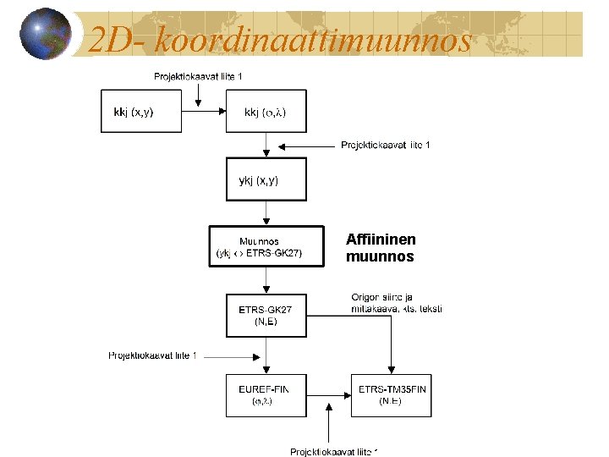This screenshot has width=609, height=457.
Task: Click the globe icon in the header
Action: [45, 34]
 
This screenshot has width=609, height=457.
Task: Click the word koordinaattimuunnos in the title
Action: [314, 39]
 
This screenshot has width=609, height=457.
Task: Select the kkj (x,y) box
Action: [141, 111]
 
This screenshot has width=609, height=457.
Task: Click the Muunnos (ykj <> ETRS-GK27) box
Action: [266, 246]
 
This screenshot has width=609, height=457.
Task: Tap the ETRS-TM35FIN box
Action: [392, 394]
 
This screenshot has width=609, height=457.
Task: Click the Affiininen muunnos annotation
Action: [381, 248]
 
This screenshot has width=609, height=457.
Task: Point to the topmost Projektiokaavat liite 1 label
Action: [198, 77]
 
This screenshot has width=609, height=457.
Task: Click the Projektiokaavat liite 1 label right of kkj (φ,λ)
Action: [386, 146]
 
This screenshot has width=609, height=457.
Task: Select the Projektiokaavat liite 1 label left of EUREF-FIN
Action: [152, 355]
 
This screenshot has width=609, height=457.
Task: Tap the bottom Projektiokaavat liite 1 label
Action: [333, 452]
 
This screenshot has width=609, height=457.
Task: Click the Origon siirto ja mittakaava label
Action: [396, 302]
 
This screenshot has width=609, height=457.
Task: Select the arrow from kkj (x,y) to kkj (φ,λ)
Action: [204, 111]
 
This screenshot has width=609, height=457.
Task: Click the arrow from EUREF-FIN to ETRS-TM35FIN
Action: [328, 394]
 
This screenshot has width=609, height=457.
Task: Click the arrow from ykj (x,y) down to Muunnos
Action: [266, 212]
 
